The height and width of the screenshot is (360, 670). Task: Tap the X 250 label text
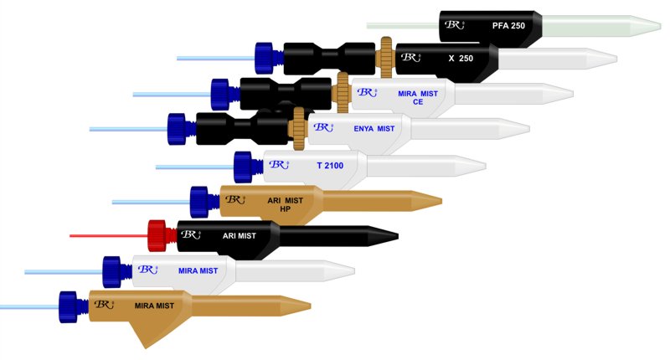(x=461, y=59)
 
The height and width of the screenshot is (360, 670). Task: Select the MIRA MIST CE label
(x=417, y=98)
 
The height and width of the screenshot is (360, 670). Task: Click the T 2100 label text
(x=330, y=166)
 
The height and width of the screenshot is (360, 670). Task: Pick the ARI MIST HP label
(x=286, y=203)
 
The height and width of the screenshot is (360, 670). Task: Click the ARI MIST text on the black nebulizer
(x=240, y=236)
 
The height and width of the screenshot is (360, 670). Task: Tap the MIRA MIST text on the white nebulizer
(x=198, y=270)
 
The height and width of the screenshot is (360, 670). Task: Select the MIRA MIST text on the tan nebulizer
(x=155, y=306)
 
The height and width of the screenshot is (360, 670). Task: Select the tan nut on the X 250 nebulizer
(x=386, y=56)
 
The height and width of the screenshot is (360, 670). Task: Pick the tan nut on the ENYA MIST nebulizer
(x=299, y=127)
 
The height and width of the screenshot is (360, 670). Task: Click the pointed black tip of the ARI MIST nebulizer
(x=387, y=234)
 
